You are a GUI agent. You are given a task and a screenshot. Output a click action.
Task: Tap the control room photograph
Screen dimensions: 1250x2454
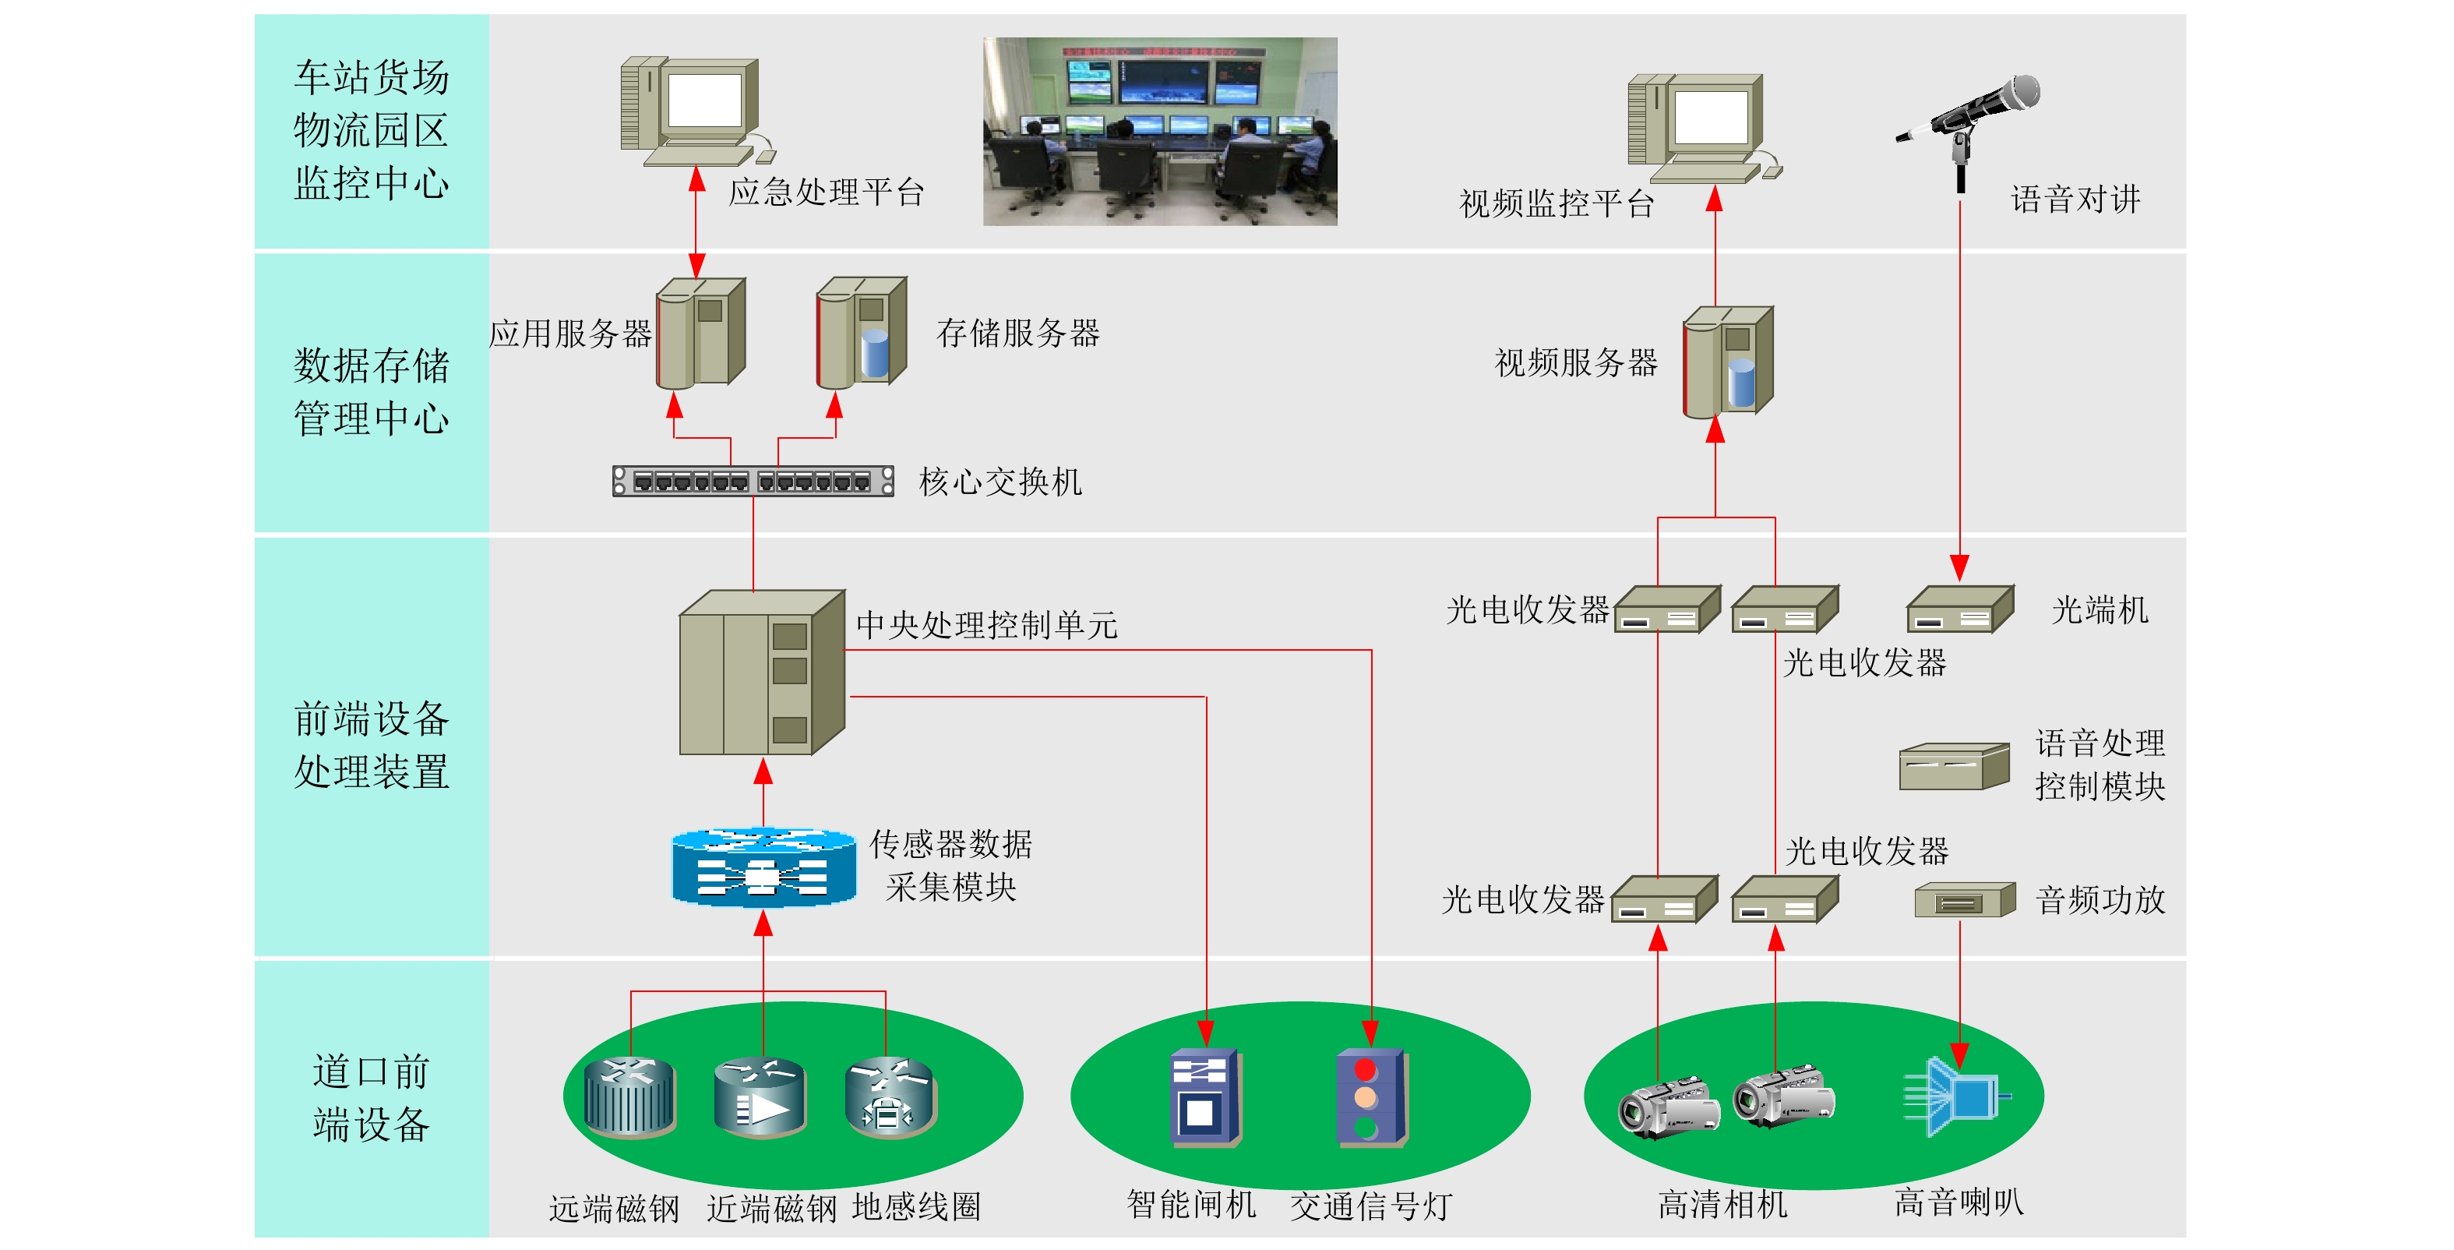pyautogui.click(x=1159, y=132)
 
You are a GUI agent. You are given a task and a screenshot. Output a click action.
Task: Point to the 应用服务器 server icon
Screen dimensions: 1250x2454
pyautogui.click(x=700, y=333)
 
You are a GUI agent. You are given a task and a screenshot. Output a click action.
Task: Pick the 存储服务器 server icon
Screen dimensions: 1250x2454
pyautogui.click(x=861, y=333)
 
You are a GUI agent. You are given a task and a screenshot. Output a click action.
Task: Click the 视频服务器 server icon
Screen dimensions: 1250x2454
pyautogui.click(x=1727, y=362)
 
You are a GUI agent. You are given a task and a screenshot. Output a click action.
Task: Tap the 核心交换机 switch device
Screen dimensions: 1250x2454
pyautogui.click(x=753, y=481)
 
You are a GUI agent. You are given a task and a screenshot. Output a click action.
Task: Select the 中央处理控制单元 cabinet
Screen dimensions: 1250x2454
pyautogui.click(x=761, y=673)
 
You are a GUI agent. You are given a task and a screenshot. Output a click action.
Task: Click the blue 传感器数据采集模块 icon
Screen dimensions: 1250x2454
pyautogui.click(x=763, y=867)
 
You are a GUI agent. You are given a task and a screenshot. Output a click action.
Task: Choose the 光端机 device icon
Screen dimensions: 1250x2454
pyautogui.click(x=1959, y=609)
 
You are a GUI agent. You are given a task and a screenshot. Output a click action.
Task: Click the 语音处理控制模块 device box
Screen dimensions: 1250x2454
pyautogui.click(x=1953, y=767)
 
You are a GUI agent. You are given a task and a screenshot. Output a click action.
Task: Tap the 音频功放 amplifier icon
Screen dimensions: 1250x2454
pyautogui.click(x=1964, y=900)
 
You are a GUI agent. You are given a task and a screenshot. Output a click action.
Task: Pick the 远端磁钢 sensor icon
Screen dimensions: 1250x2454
pyautogui.click(x=629, y=1097)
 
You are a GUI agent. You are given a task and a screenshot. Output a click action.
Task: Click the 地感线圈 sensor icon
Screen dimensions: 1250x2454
pyautogui.click(x=890, y=1097)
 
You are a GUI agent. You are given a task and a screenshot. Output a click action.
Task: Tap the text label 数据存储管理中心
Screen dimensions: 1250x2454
pyautogui.click(x=372, y=391)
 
